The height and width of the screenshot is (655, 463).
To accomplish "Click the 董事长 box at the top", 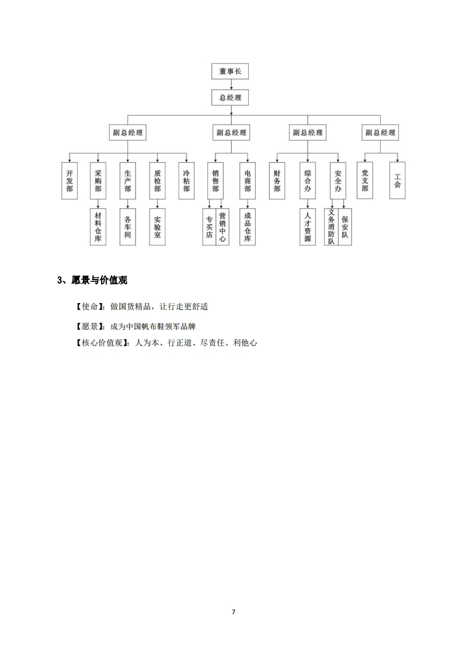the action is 230,71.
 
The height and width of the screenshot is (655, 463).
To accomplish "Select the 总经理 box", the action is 230,97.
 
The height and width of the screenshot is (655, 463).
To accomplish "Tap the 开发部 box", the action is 69,181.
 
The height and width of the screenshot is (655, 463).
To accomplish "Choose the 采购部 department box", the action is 98,181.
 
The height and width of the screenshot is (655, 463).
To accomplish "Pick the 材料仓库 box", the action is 98,227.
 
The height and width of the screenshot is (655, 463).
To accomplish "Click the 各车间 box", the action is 127,227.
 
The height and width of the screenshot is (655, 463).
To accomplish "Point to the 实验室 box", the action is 157,227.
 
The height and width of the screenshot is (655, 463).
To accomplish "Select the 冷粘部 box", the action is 186,181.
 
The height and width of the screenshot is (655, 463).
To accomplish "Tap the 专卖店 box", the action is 210,227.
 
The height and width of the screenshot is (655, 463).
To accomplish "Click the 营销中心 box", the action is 222,227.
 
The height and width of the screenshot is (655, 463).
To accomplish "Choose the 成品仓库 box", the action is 248,227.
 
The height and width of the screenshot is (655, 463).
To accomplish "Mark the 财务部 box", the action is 277,181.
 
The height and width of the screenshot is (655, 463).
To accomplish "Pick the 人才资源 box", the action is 308,227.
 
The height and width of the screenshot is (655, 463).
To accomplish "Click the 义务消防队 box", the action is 332,227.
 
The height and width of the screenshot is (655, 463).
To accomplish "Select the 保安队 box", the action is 344,227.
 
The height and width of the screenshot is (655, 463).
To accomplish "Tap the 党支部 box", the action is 365,180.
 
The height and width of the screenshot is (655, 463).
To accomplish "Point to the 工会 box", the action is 397,180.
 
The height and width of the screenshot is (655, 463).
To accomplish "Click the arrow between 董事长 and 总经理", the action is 231,85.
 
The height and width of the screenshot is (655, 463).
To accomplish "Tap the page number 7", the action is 233,612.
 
